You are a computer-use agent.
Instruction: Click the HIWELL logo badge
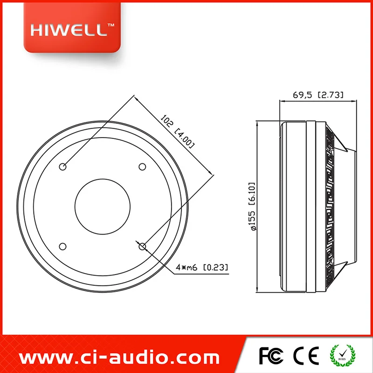coord(72,28)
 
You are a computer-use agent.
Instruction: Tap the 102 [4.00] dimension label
coord(178,131)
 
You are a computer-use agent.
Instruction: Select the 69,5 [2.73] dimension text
coord(318,95)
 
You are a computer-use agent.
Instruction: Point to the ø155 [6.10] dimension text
coord(251,207)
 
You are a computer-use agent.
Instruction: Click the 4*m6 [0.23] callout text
coord(202,267)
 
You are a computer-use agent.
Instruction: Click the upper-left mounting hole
coord(62,167)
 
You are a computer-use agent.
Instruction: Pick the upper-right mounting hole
coord(142,167)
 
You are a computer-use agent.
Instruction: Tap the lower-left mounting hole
coord(62,247)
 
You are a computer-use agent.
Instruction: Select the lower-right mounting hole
coord(142,247)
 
